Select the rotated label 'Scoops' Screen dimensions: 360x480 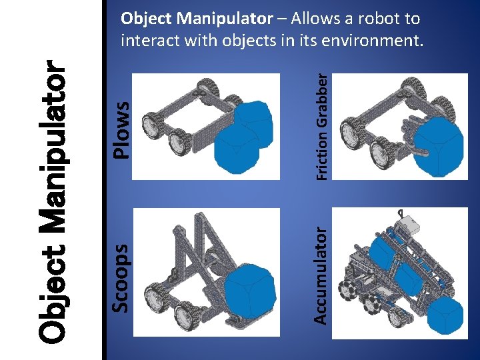pyautogui.click(x=120, y=276)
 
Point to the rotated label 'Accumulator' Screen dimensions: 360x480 pyautogui.click(x=321, y=275)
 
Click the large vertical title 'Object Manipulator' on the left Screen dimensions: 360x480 pyautogui.click(x=52, y=200)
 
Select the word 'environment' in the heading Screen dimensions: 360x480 pyautogui.click(x=369, y=41)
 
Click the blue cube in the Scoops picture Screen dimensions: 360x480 pyautogui.click(x=250, y=289)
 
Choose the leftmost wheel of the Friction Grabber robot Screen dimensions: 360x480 pyautogui.click(x=351, y=131)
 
